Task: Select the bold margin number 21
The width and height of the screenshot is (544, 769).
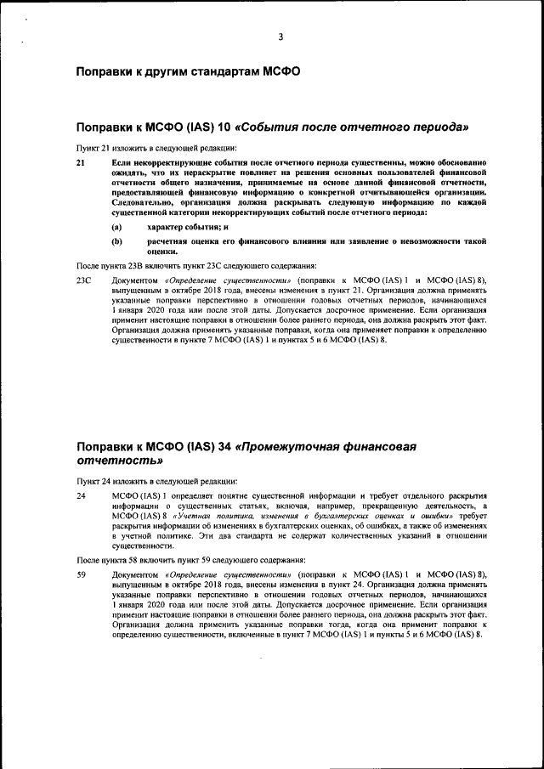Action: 82,161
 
